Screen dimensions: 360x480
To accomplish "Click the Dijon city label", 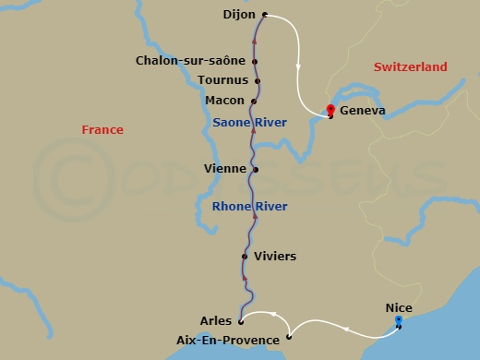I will (240, 15).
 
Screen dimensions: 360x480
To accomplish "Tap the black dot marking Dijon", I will (265, 15).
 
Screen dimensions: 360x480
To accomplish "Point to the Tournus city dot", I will (258, 81).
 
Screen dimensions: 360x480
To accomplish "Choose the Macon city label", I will (225, 101).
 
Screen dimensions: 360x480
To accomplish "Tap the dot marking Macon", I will (253, 101).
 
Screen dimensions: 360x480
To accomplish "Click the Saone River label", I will (249, 122).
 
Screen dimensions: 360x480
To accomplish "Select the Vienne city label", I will (224, 169).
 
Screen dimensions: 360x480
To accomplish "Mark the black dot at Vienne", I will (256, 170).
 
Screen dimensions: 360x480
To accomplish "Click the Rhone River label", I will (249, 206).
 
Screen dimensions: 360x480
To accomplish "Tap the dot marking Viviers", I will (245, 257).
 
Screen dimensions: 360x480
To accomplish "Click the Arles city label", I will (215, 321).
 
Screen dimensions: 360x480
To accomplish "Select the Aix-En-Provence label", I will (227, 341).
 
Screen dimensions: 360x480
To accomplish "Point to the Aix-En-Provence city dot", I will (289, 338).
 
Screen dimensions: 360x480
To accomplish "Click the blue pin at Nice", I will (399, 320).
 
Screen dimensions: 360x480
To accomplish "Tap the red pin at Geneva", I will (330, 110).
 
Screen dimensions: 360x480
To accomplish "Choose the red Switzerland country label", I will (410, 67).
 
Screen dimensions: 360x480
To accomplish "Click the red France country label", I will (102, 130).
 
